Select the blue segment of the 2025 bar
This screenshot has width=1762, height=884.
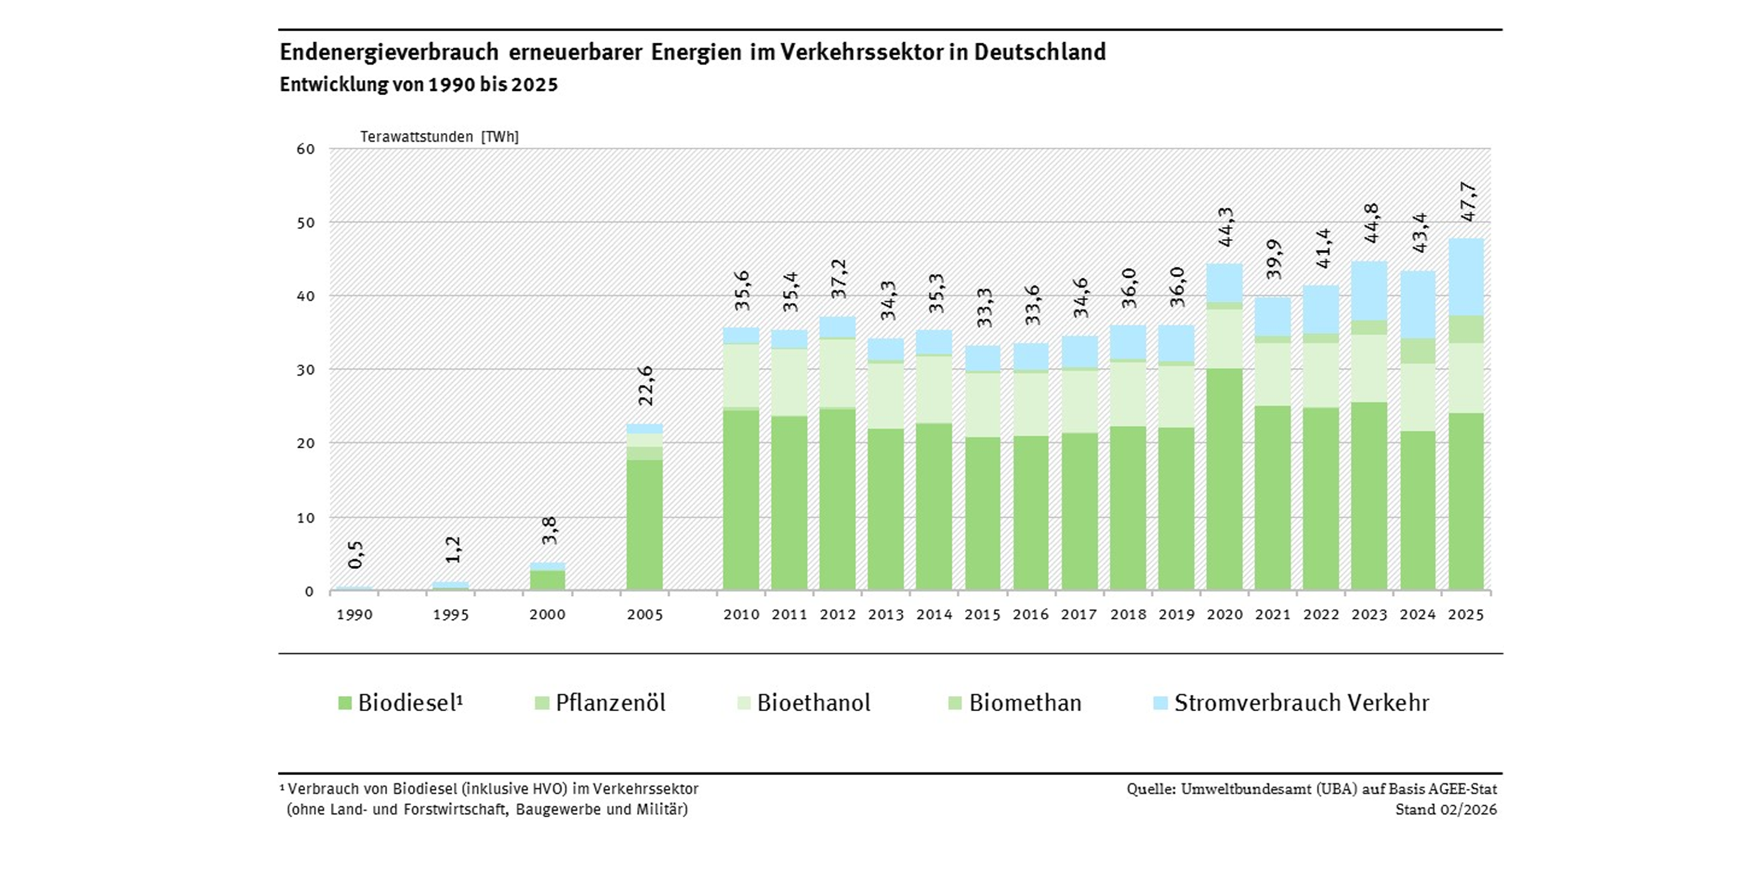pos(1466,277)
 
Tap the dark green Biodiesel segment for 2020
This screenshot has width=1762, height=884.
pos(1224,479)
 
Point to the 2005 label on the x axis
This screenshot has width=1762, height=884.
pos(644,614)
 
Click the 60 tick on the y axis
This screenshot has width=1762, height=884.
pos(306,149)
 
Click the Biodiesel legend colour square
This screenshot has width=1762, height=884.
pos(345,703)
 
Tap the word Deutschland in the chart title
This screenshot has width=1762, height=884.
pos(1039,52)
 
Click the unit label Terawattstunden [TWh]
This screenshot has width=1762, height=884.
pos(439,137)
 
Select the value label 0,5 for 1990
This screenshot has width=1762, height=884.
pos(356,554)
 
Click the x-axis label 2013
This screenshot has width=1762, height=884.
pos(886,614)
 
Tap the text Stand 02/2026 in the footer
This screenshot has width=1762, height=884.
pos(1446,809)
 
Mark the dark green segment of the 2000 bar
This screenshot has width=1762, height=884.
pos(548,580)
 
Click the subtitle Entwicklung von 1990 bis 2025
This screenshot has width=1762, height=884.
pos(419,85)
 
